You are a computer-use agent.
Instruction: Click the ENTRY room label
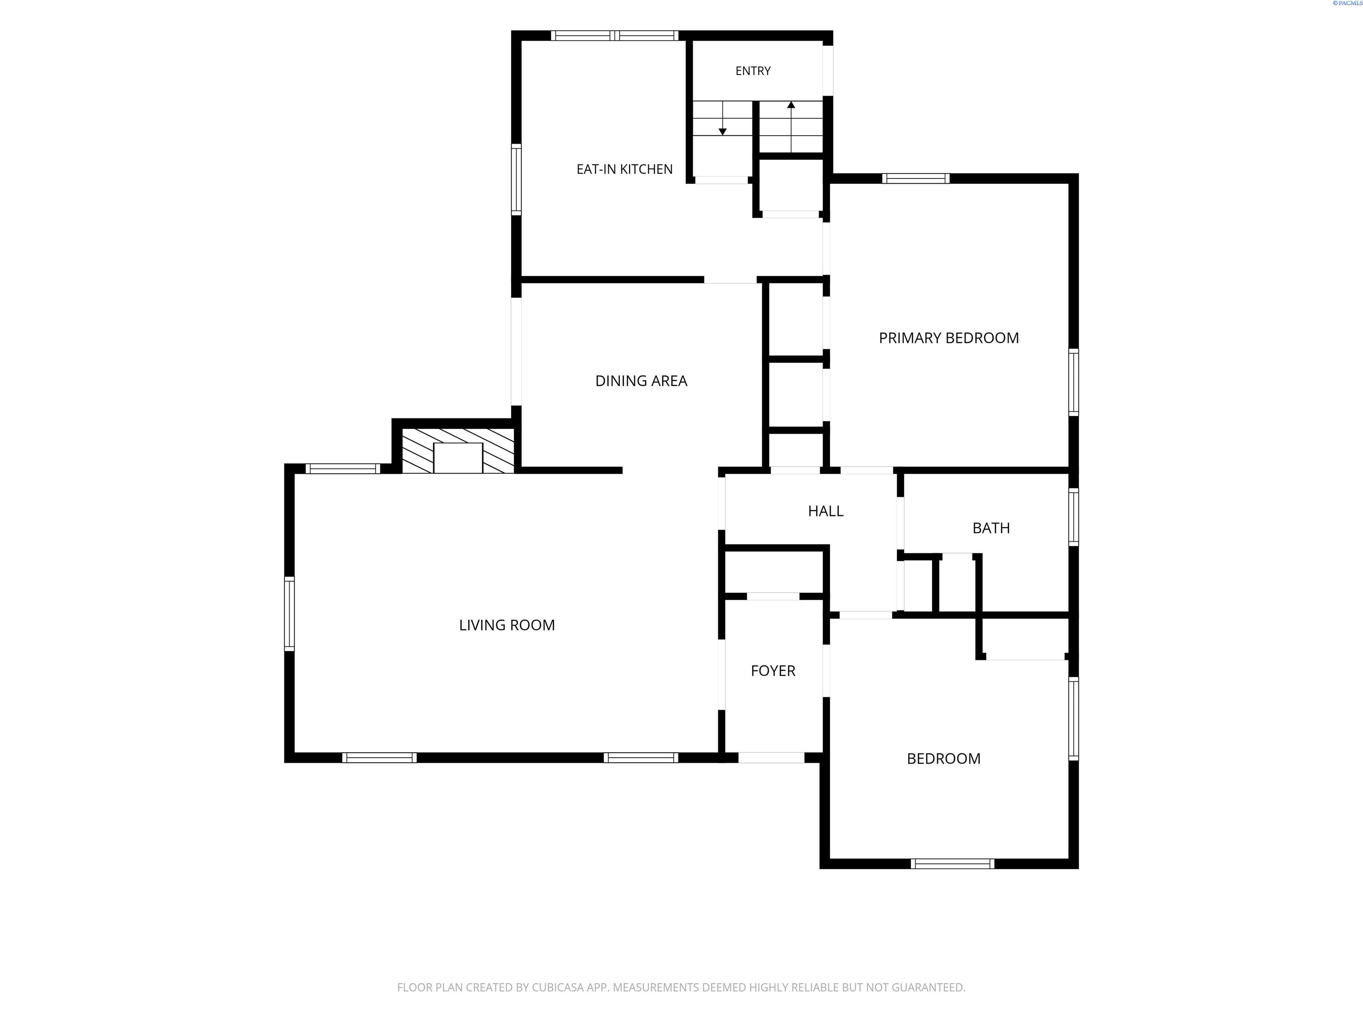click(x=753, y=71)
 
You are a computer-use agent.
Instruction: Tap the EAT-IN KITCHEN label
click(x=624, y=169)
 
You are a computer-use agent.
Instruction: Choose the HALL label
click(x=826, y=511)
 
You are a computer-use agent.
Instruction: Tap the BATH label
click(x=991, y=528)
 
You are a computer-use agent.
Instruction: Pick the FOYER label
click(x=773, y=671)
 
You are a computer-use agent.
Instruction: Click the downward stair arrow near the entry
click(x=723, y=118)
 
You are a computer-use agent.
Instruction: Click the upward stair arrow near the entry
click(x=791, y=127)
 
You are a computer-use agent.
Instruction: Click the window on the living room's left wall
click(x=289, y=613)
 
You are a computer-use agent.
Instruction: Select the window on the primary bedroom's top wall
click(x=916, y=179)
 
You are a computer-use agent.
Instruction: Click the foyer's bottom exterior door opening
click(x=772, y=758)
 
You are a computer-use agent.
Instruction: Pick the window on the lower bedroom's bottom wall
click(x=953, y=864)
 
